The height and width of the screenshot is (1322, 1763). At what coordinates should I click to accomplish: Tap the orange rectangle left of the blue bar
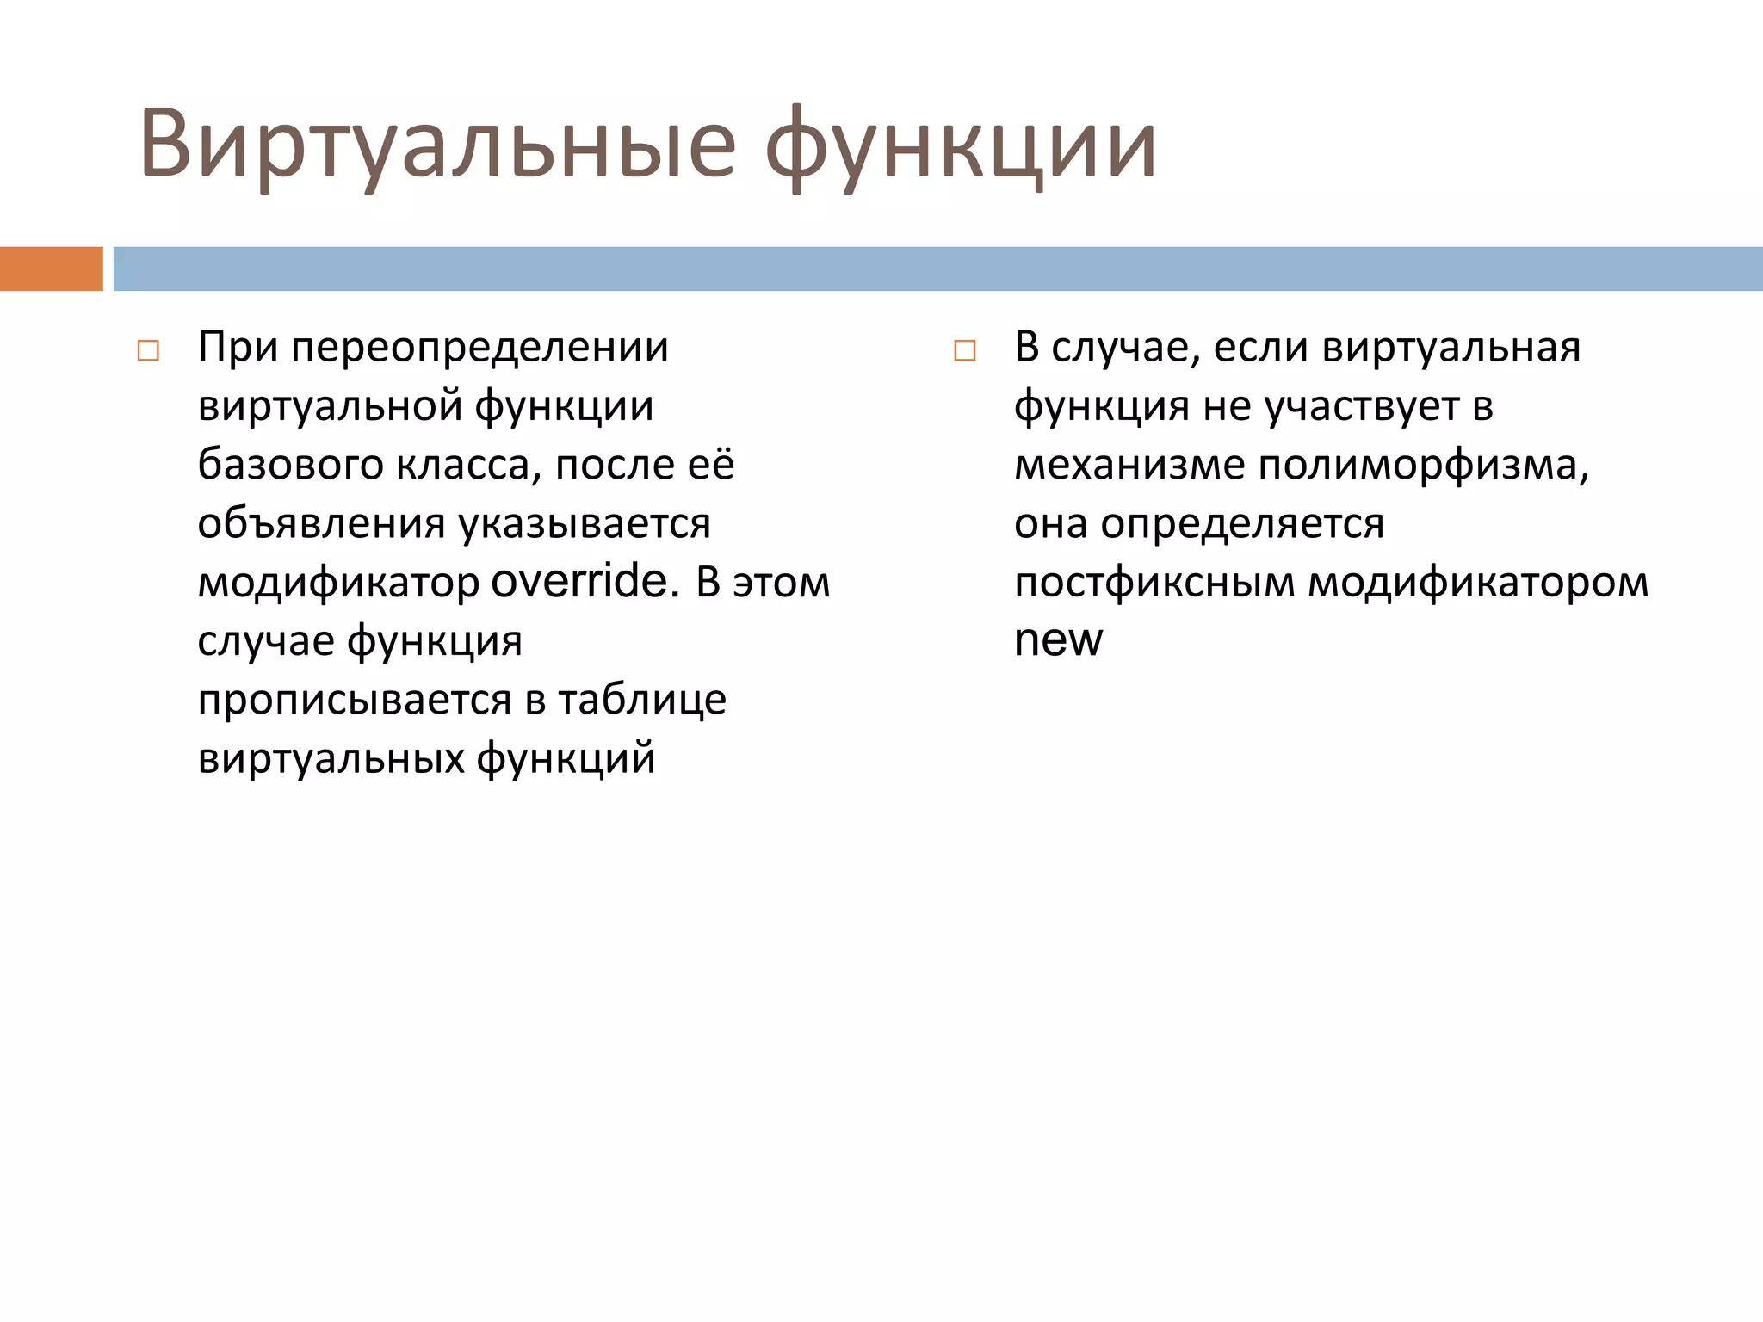(x=51, y=269)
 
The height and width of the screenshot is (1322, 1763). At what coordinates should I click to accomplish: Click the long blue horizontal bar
(x=937, y=269)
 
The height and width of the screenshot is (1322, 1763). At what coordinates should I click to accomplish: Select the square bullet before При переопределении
(x=148, y=351)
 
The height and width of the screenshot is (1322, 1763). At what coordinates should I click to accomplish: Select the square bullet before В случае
(x=965, y=351)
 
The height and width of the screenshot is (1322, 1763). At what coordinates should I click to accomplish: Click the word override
(x=578, y=582)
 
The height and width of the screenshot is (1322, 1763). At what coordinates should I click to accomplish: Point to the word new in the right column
(x=1058, y=640)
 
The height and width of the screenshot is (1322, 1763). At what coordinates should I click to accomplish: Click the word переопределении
(x=479, y=348)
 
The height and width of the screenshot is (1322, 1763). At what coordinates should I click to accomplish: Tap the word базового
(x=290, y=465)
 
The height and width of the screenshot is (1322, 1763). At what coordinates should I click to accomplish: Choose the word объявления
(x=321, y=523)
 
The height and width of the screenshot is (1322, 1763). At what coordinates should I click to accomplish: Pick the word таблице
(x=642, y=699)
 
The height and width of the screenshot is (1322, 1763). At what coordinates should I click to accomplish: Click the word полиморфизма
(x=1423, y=465)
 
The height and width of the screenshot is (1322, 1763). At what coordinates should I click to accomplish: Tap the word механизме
(x=1129, y=465)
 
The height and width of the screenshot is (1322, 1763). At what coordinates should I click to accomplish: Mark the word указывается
(x=585, y=523)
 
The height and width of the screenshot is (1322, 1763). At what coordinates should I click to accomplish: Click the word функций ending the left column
(x=566, y=758)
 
